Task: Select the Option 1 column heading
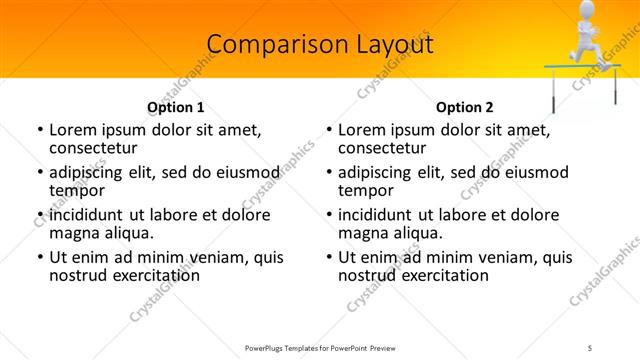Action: [176, 107]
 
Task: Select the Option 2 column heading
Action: [465, 107]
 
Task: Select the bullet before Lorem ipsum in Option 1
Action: [40, 130]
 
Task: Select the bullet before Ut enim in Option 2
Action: [329, 257]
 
